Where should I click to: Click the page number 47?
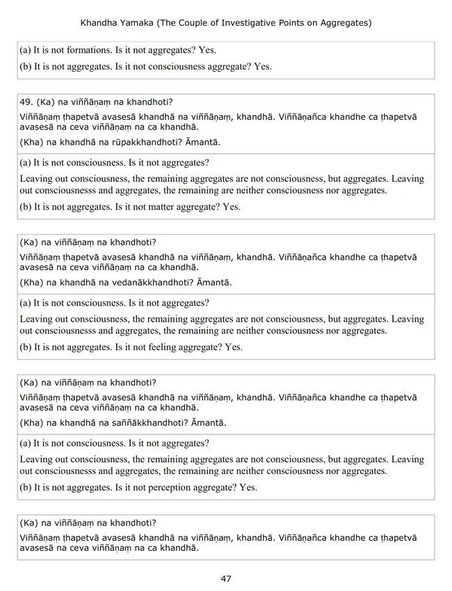point(226,578)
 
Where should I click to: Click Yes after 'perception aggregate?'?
point(248,487)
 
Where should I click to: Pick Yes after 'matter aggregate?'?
point(231,207)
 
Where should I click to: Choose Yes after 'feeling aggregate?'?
point(234,347)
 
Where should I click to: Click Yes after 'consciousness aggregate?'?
point(263,67)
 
